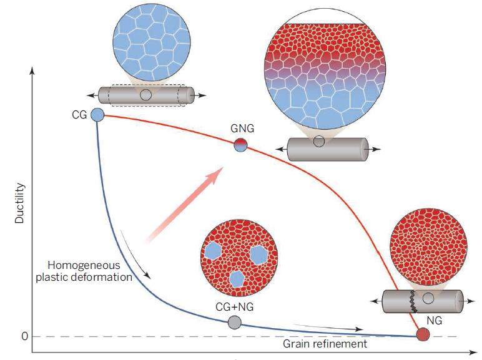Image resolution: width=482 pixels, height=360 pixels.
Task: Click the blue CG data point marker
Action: [x=97, y=115]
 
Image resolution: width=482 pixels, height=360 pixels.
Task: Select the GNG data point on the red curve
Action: [x=241, y=145]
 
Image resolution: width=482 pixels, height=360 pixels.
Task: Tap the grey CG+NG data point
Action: [x=234, y=322]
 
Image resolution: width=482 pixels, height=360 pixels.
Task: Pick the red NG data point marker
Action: [x=423, y=334]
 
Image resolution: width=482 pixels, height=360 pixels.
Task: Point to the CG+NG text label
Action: [x=234, y=306]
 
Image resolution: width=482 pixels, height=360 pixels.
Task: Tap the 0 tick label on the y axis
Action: [x=25, y=337]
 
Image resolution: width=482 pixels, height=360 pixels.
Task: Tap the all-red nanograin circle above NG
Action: [x=428, y=247]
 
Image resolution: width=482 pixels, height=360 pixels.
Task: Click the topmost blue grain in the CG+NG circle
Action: [x=214, y=251]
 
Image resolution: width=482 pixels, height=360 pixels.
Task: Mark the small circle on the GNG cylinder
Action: [x=319, y=142]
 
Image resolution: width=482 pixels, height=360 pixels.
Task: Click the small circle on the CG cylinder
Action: [x=145, y=95]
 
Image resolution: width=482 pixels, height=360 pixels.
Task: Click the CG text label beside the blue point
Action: [x=79, y=115]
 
